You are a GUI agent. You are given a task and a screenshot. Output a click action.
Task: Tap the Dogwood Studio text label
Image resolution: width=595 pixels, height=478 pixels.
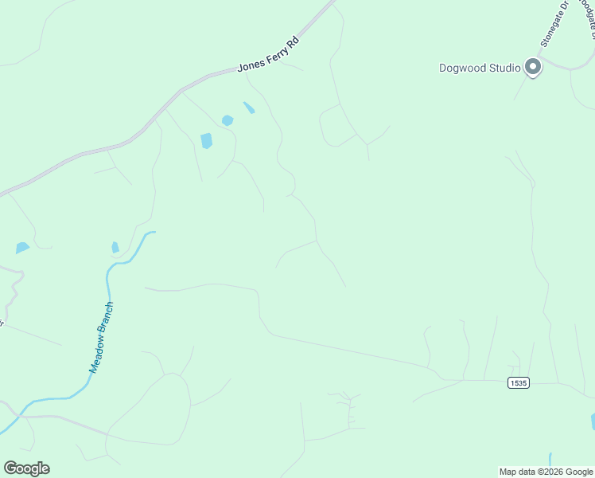pos(480,68)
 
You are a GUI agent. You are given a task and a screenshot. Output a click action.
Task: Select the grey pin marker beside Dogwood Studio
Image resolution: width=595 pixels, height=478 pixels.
pos(532,67)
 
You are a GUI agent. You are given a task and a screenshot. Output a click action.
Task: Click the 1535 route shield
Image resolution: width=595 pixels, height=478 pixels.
pos(518,383)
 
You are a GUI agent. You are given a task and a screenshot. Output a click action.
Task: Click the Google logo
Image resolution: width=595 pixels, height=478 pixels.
pos(26,468)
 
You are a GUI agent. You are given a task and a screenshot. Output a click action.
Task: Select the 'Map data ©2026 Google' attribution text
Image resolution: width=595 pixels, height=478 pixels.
pos(546,472)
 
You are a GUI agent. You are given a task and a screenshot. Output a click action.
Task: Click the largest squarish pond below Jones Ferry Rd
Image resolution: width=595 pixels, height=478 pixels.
pos(207,141)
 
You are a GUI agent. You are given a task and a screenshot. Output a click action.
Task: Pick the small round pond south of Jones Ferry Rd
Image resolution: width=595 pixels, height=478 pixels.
pos(227,120)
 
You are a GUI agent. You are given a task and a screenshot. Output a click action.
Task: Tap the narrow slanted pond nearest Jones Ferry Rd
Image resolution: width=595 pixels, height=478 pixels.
pos(249,108)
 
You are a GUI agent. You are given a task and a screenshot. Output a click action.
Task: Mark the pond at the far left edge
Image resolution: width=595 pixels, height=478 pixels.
pos(22,248)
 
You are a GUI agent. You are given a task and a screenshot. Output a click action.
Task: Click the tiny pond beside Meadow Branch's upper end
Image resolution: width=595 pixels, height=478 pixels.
pos(115,247)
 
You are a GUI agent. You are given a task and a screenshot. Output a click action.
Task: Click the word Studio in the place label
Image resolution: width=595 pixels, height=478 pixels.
pos(505,68)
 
